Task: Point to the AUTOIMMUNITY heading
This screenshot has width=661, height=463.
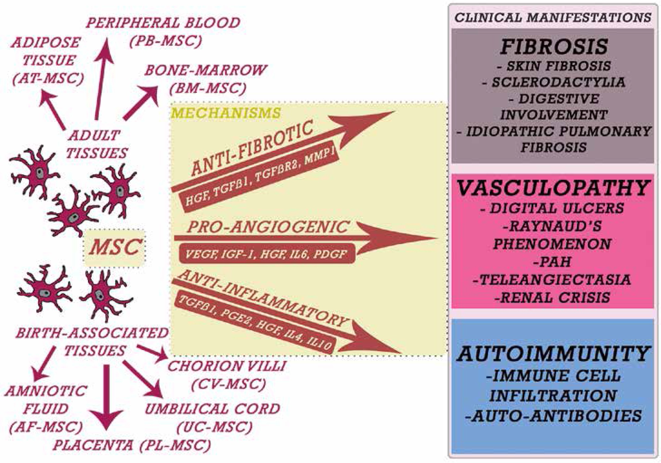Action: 553,354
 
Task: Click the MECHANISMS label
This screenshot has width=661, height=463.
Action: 226,113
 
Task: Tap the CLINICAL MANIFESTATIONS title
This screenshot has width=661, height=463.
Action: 553,18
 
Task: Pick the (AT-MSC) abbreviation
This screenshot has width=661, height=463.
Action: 48,78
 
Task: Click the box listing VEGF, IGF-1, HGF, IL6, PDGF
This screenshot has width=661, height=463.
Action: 266,254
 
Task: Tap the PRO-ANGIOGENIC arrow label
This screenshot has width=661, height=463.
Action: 268,227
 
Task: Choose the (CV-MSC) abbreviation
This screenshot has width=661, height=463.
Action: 228,385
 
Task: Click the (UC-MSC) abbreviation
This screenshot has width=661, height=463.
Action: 214,427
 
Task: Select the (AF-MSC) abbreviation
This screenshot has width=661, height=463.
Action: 46,427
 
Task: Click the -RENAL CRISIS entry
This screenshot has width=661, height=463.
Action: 553,297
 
